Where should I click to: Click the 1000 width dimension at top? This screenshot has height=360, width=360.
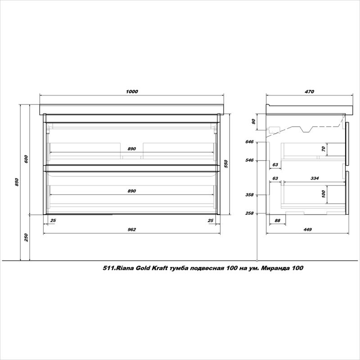pyautogui.click(x=132, y=92)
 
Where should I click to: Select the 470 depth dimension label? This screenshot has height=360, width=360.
pyautogui.click(x=309, y=92)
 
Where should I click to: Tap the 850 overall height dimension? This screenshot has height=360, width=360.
pyautogui.click(x=17, y=182)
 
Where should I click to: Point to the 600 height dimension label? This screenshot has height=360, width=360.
pyautogui.click(x=26, y=159)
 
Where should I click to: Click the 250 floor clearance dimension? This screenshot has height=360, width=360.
pyautogui.click(x=26, y=238)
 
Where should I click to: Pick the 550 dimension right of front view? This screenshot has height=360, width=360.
pyautogui.click(x=226, y=164)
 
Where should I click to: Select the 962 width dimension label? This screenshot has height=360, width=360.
pyautogui.click(x=131, y=229)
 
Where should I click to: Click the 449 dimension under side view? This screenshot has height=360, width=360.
pyautogui.click(x=307, y=229)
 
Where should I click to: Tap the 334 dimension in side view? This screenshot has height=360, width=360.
pyautogui.click(x=315, y=178)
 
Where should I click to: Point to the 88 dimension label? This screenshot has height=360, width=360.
pyautogui.click(x=277, y=220)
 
